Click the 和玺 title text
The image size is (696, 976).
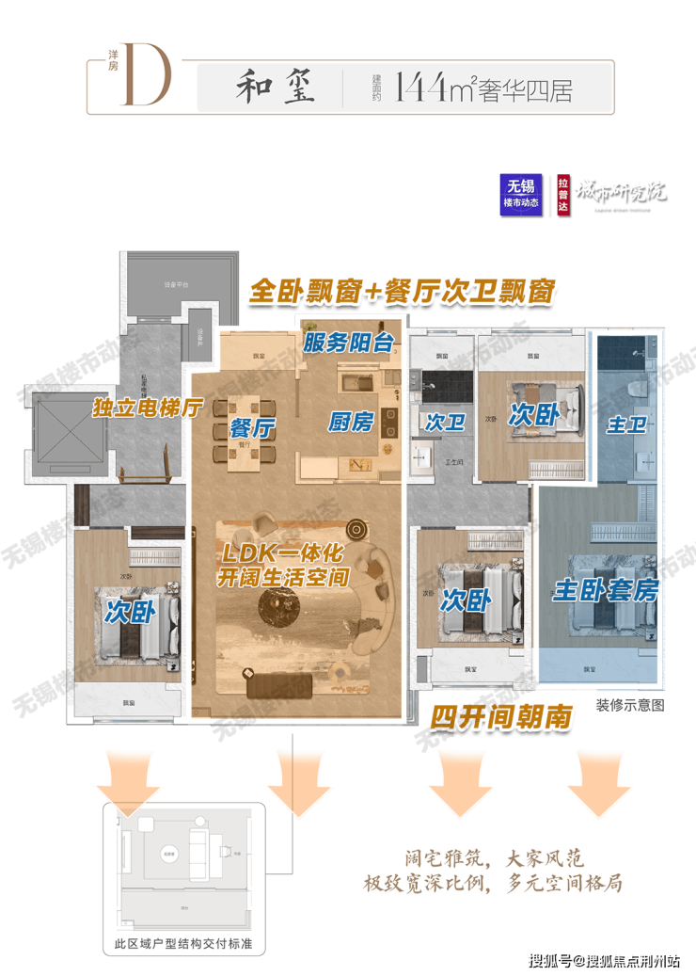[x=274, y=88]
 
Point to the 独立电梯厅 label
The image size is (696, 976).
[x=148, y=408]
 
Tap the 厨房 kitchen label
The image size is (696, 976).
[x=351, y=421]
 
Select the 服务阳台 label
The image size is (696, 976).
[x=348, y=343]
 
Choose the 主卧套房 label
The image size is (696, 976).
[x=606, y=590]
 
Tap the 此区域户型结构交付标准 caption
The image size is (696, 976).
[x=183, y=944]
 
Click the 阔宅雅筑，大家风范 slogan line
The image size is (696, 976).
[x=490, y=858]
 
